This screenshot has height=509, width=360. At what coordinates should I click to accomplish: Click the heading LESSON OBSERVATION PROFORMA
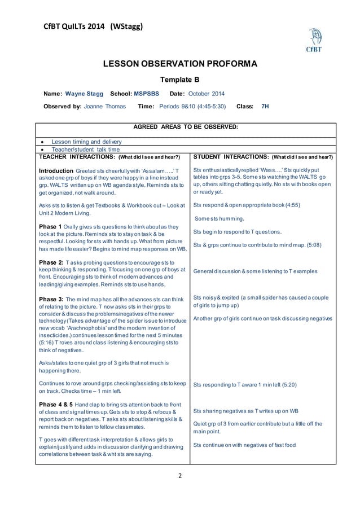point(180,65)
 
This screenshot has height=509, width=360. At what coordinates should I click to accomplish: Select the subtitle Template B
point(180,80)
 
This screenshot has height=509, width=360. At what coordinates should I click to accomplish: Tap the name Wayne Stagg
point(84,94)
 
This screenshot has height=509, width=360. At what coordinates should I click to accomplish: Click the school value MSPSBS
point(146,94)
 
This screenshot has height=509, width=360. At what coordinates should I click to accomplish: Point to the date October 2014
point(205,94)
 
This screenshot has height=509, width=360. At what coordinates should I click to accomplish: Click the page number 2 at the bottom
point(180,475)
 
